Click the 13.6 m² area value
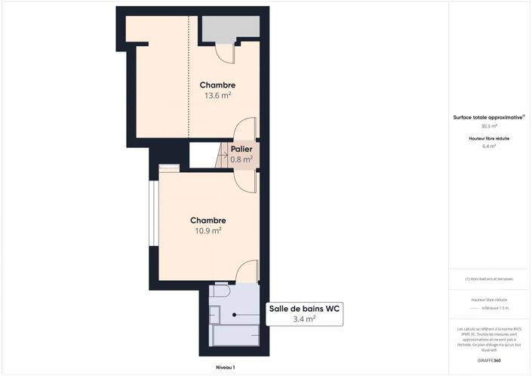(217, 96)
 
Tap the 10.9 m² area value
(207, 230)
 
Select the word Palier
(241, 149)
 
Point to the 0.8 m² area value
(241, 159)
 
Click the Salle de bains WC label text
(304, 308)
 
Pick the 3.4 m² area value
(304, 319)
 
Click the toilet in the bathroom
(220, 291)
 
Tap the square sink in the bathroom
(214, 315)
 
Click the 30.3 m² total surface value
(489, 126)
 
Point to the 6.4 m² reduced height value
(489, 146)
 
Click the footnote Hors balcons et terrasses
(489, 279)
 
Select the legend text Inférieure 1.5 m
(496, 308)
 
